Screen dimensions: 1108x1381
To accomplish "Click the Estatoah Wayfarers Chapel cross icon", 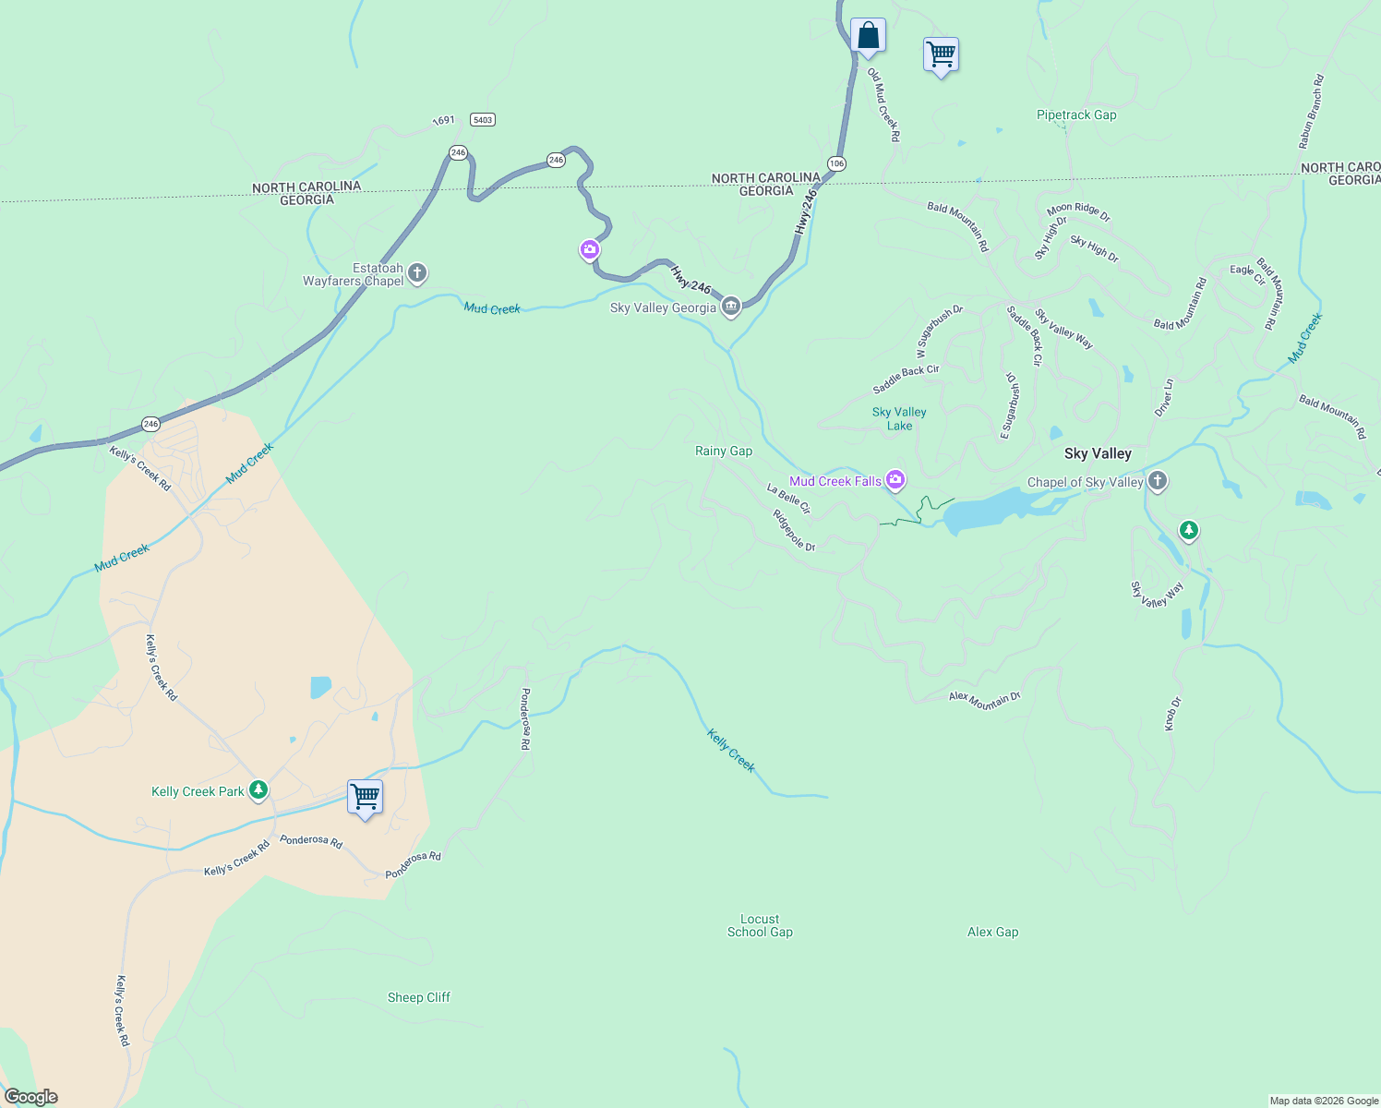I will pyautogui.click(x=417, y=273).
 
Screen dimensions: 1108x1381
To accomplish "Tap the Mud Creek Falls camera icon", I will pyautogui.click(x=895, y=479).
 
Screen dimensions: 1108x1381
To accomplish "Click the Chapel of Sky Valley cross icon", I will pyautogui.click(x=1158, y=481).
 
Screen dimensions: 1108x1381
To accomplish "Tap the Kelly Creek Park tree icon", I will pyautogui.click(x=258, y=790).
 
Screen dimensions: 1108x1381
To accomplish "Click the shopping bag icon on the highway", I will pyautogui.click(x=868, y=36).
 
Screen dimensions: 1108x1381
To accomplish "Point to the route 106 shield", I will pyautogui.click(x=836, y=163).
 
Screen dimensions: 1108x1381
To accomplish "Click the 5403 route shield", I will pyautogui.click(x=482, y=120).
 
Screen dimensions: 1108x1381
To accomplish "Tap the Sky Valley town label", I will pyautogui.click(x=1098, y=453).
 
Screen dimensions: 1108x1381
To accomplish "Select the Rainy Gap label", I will pyautogui.click(x=724, y=451).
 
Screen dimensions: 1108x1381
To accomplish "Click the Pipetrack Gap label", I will pyautogui.click(x=1076, y=115).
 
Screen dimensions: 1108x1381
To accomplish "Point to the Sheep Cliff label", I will pyautogui.click(x=419, y=997).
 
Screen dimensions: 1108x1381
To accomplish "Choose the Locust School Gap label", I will pyautogui.click(x=760, y=925).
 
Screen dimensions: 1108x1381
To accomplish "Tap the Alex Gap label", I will pyautogui.click(x=993, y=932).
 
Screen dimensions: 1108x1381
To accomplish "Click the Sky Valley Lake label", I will pyautogui.click(x=899, y=418).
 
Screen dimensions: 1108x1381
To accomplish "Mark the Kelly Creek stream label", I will pyautogui.click(x=731, y=750).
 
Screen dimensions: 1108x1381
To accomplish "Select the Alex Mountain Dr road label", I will pyautogui.click(x=985, y=700).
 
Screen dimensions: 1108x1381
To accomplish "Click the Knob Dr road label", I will pyautogui.click(x=1171, y=714).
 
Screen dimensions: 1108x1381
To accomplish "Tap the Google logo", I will pyautogui.click(x=31, y=1096).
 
